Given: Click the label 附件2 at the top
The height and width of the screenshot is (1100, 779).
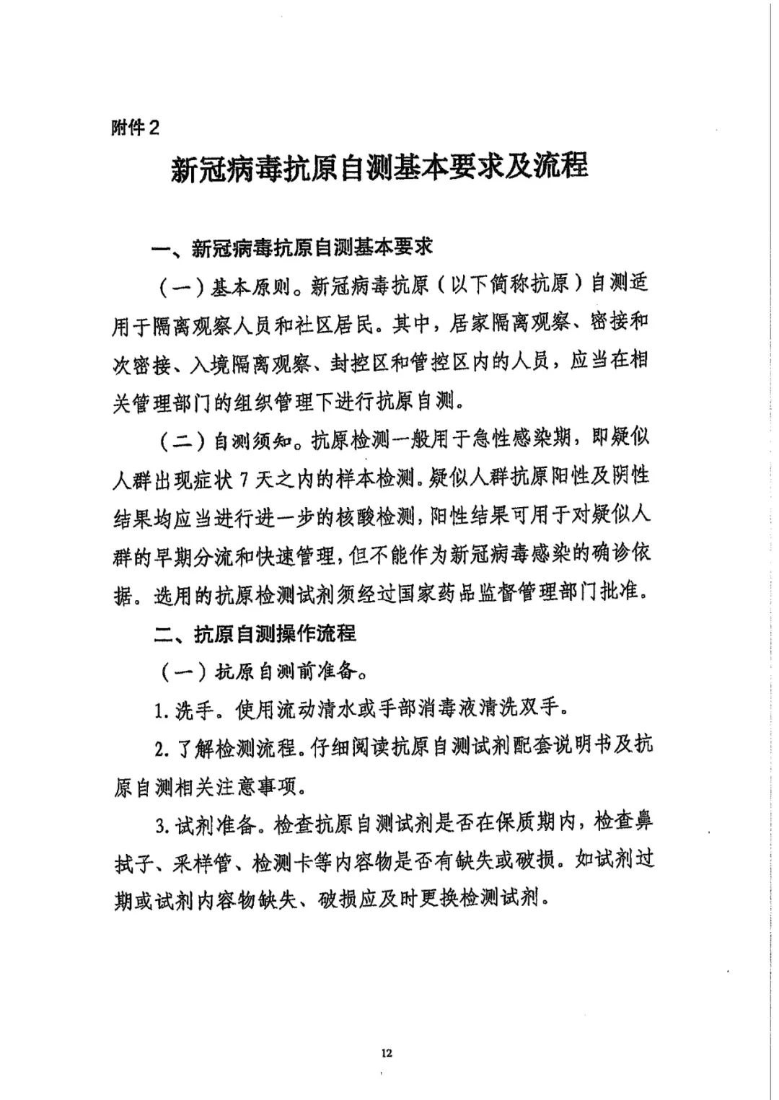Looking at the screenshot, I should click(134, 128).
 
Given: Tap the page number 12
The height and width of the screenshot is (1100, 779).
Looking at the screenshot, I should click(387, 1053).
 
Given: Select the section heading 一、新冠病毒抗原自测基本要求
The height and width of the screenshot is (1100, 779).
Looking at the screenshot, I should click(291, 248).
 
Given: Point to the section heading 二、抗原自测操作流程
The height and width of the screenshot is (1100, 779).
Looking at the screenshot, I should click(255, 633).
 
